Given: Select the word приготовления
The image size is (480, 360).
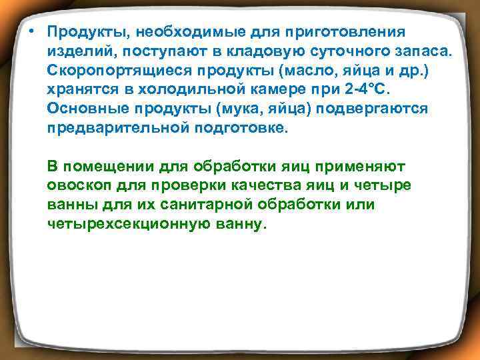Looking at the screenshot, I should click(x=346, y=32).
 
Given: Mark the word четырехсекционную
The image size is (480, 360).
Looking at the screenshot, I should click(x=127, y=224).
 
